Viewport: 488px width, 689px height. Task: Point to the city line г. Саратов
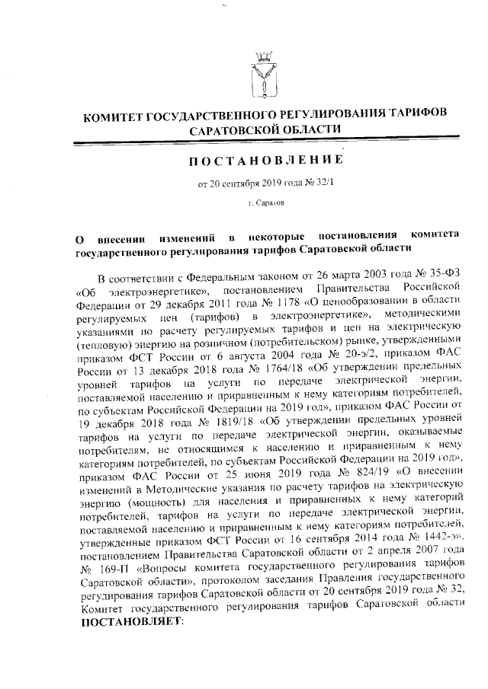click(266, 205)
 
